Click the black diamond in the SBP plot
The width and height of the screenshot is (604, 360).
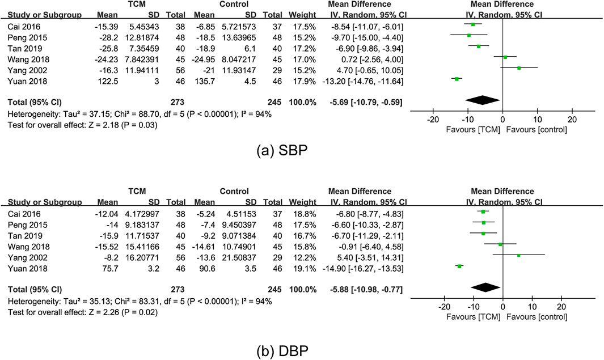(485, 100)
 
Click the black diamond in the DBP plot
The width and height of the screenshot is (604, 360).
(485, 287)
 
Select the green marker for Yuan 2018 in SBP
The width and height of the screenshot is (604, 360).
(457, 79)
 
